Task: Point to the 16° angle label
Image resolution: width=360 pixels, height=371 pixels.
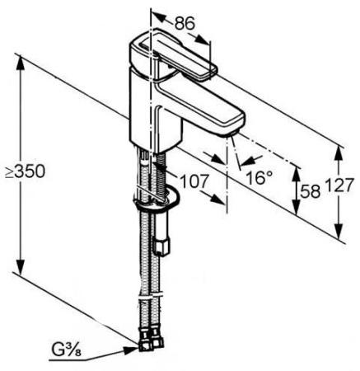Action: [259, 176]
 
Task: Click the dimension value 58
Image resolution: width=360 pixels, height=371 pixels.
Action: [308, 190]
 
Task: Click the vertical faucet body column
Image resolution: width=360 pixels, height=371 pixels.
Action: [148, 115]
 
